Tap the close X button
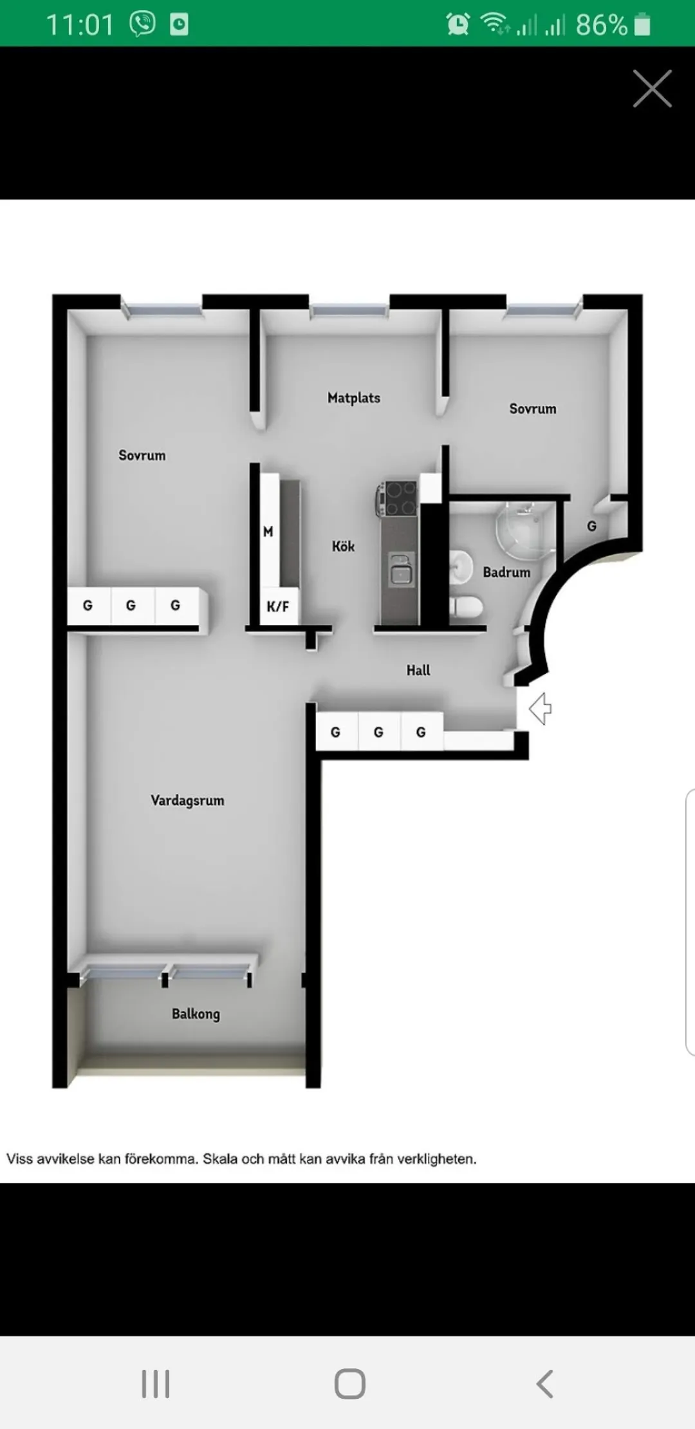[653, 88]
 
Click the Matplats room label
[354, 398]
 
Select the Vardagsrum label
[187, 800]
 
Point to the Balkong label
[196, 1014]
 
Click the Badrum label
[506, 572]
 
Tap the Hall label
[418, 670]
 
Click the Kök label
[343, 546]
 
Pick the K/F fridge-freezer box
[279, 606]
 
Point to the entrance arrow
[541, 709]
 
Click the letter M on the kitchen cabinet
[268, 532]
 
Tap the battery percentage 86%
[601, 25]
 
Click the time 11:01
[80, 25]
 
